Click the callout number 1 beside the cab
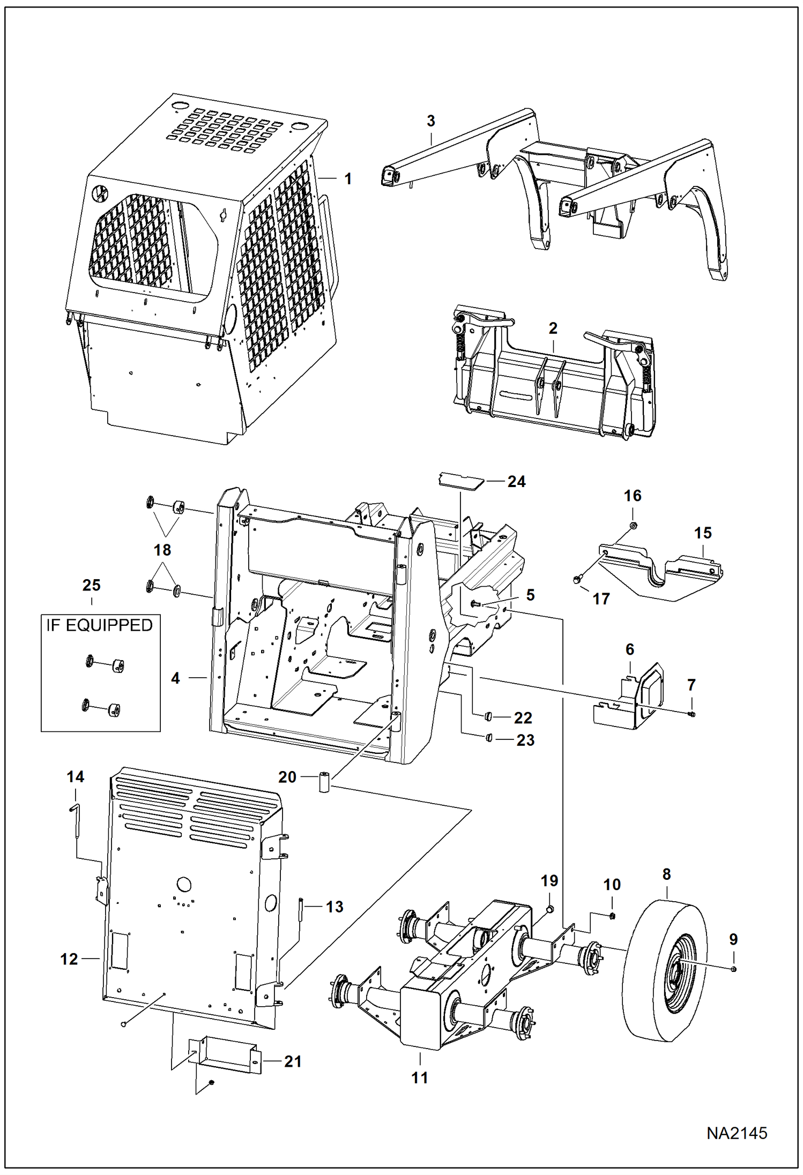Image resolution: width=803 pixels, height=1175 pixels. click(348, 179)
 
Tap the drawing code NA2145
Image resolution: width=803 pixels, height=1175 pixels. click(736, 1133)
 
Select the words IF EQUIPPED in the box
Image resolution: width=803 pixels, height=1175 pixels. click(99, 625)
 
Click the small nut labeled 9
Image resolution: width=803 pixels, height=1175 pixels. click(734, 969)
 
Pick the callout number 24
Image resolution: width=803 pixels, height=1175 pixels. click(516, 482)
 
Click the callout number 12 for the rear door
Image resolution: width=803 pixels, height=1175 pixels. click(69, 959)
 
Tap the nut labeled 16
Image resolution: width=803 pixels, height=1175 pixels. click(632, 526)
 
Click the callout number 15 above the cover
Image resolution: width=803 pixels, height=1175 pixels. click(703, 533)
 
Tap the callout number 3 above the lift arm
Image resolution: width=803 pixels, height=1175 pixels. click(431, 121)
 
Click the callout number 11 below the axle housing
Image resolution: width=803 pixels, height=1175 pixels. click(420, 1078)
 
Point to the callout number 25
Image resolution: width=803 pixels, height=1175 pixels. click(91, 585)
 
